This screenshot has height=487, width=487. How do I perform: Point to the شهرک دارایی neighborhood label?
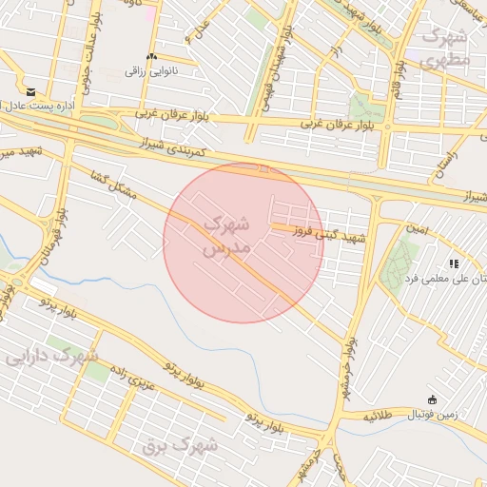tap(52, 358)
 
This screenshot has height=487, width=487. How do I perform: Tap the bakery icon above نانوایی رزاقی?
tap(151, 57)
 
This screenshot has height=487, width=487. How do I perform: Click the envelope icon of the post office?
tap(31, 92)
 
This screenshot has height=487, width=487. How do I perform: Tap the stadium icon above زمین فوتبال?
tap(433, 399)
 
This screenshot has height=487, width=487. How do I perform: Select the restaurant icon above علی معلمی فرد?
tap(454, 263)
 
